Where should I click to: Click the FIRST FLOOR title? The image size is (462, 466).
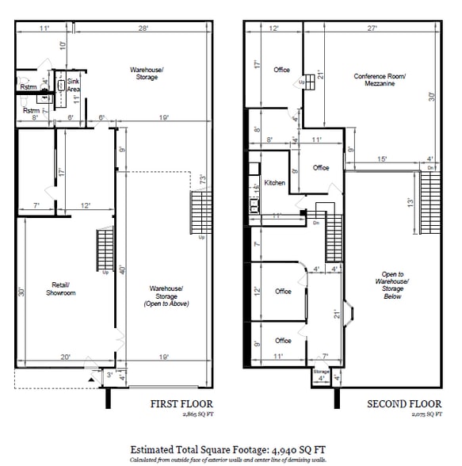click(182, 404)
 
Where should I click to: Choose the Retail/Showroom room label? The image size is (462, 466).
click(63, 289)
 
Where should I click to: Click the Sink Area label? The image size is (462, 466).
click(74, 86)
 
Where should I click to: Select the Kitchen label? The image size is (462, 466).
click(275, 183)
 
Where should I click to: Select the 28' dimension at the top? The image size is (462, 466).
click(143, 29)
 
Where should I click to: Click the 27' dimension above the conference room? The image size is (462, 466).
click(372, 29)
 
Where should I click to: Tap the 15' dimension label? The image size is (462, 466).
click(381, 159)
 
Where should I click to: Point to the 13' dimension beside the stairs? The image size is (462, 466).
click(410, 202)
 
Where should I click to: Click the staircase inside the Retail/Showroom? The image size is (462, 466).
click(103, 250)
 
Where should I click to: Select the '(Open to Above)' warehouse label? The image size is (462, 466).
click(166, 304)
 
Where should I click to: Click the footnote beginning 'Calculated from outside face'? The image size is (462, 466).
click(231, 459)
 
